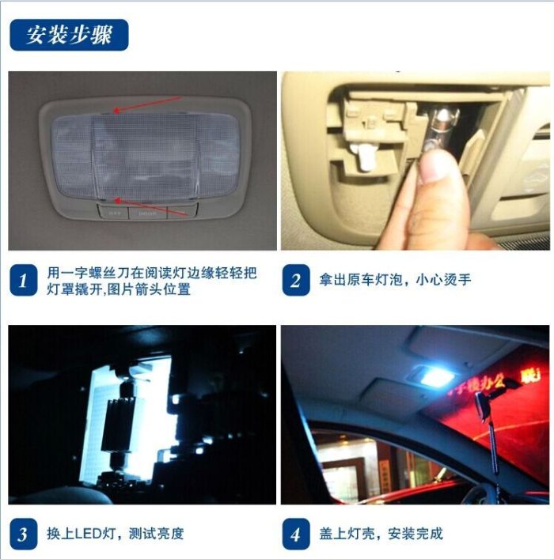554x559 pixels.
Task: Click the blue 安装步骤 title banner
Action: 69,35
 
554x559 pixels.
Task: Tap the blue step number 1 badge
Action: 23,280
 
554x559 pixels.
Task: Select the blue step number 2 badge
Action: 296,280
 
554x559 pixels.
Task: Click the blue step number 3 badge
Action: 23,534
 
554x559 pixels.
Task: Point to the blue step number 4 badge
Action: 296,534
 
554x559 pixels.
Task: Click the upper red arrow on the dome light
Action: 147,104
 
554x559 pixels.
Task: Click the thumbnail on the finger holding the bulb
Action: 433,167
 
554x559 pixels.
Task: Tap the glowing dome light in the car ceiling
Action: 433,376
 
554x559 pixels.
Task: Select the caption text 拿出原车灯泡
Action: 361,280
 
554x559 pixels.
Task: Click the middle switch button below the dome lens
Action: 148,213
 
